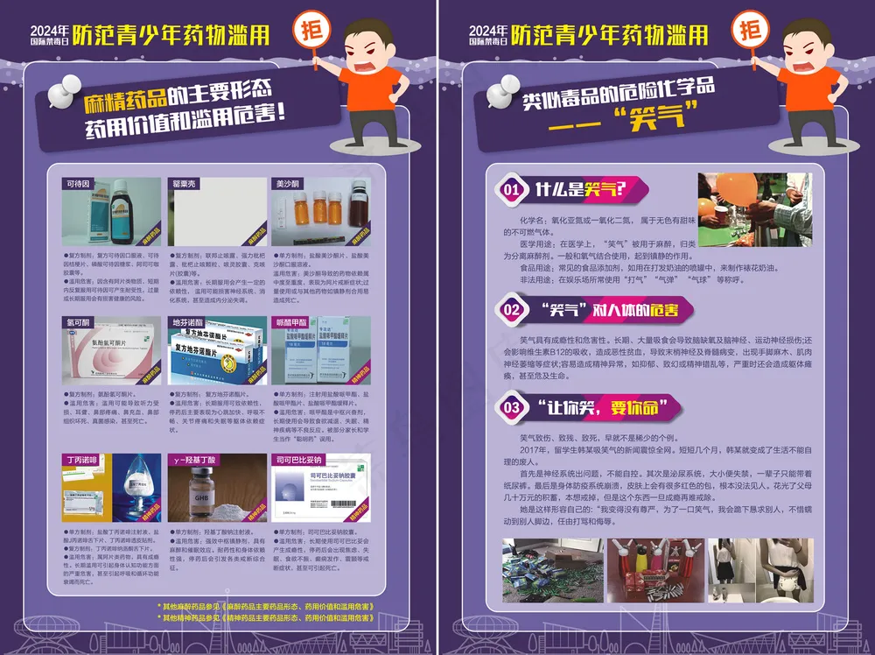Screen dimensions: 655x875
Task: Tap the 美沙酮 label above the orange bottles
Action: (288, 185)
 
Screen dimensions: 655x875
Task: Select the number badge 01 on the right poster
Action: (513, 188)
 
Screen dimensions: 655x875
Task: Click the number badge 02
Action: (513, 308)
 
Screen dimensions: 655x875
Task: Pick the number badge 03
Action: (513, 406)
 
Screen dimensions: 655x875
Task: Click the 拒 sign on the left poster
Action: (310, 28)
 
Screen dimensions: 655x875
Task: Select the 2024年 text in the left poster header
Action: (50, 29)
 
